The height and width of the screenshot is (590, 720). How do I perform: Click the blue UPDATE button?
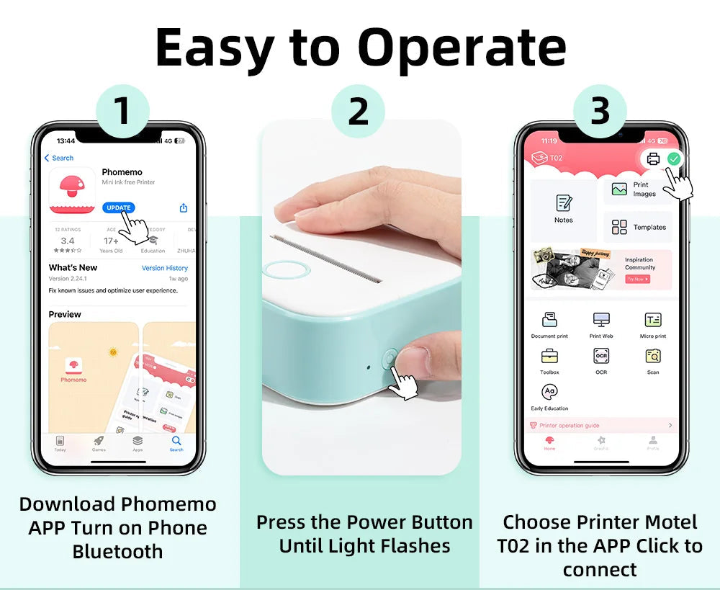119,207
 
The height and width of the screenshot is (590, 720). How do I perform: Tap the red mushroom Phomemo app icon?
72,190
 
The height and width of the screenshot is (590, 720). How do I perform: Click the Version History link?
164,268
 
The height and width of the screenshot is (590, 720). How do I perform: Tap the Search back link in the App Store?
59,158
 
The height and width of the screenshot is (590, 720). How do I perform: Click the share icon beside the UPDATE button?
183,207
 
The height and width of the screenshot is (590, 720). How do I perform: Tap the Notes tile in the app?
564,209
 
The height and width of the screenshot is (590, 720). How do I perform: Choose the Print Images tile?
637,189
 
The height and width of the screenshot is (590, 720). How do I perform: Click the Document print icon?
549,320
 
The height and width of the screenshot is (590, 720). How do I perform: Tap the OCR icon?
601,356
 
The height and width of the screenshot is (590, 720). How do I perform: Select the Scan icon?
653,356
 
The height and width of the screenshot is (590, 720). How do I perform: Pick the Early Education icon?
550,392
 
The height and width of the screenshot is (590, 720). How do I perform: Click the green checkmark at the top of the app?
673,158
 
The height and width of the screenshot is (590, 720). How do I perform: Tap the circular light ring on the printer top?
286,269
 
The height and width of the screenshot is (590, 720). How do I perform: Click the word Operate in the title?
462,49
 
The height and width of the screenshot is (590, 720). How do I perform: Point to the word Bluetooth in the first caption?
117,552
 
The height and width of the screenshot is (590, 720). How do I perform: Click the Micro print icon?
653,320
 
